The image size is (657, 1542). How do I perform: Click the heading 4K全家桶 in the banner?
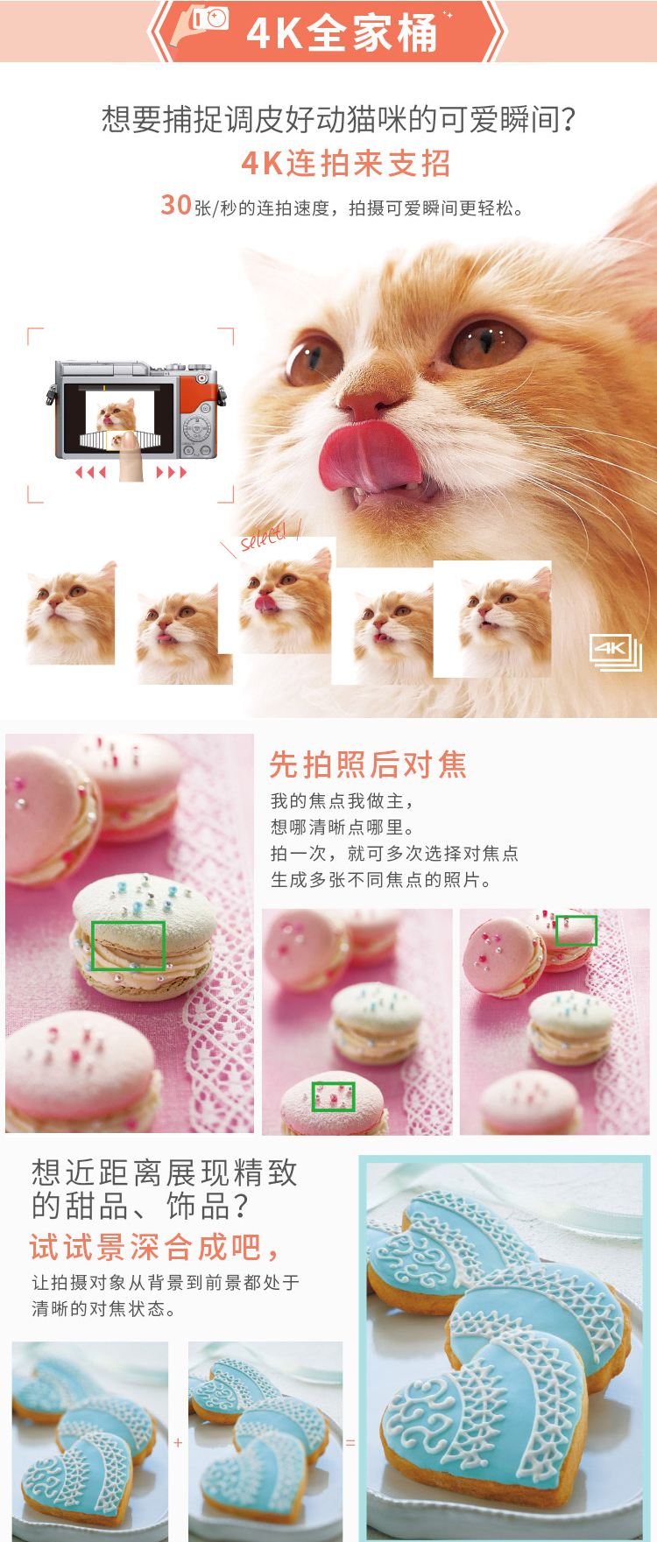point(342,33)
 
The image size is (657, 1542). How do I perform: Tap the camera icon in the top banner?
point(210,18)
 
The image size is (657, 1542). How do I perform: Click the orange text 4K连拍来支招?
point(346,164)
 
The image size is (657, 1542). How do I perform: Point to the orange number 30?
point(176,205)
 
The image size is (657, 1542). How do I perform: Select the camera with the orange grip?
point(136,409)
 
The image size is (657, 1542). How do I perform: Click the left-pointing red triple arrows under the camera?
point(90,473)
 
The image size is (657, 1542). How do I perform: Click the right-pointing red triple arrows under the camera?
point(172,473)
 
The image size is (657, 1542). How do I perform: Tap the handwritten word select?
point(264,536)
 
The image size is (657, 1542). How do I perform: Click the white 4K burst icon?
point(616,652)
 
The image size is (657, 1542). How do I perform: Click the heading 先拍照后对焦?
point(368,764)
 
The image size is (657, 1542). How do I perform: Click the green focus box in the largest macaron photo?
point(128,946)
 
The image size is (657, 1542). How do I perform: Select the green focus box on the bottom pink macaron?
point(334,1096)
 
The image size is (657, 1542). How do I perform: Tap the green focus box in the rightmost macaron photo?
point(576,930)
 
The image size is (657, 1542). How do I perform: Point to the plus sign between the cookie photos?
point(178,1442)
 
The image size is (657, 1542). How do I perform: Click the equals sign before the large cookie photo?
point(350,1442)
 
